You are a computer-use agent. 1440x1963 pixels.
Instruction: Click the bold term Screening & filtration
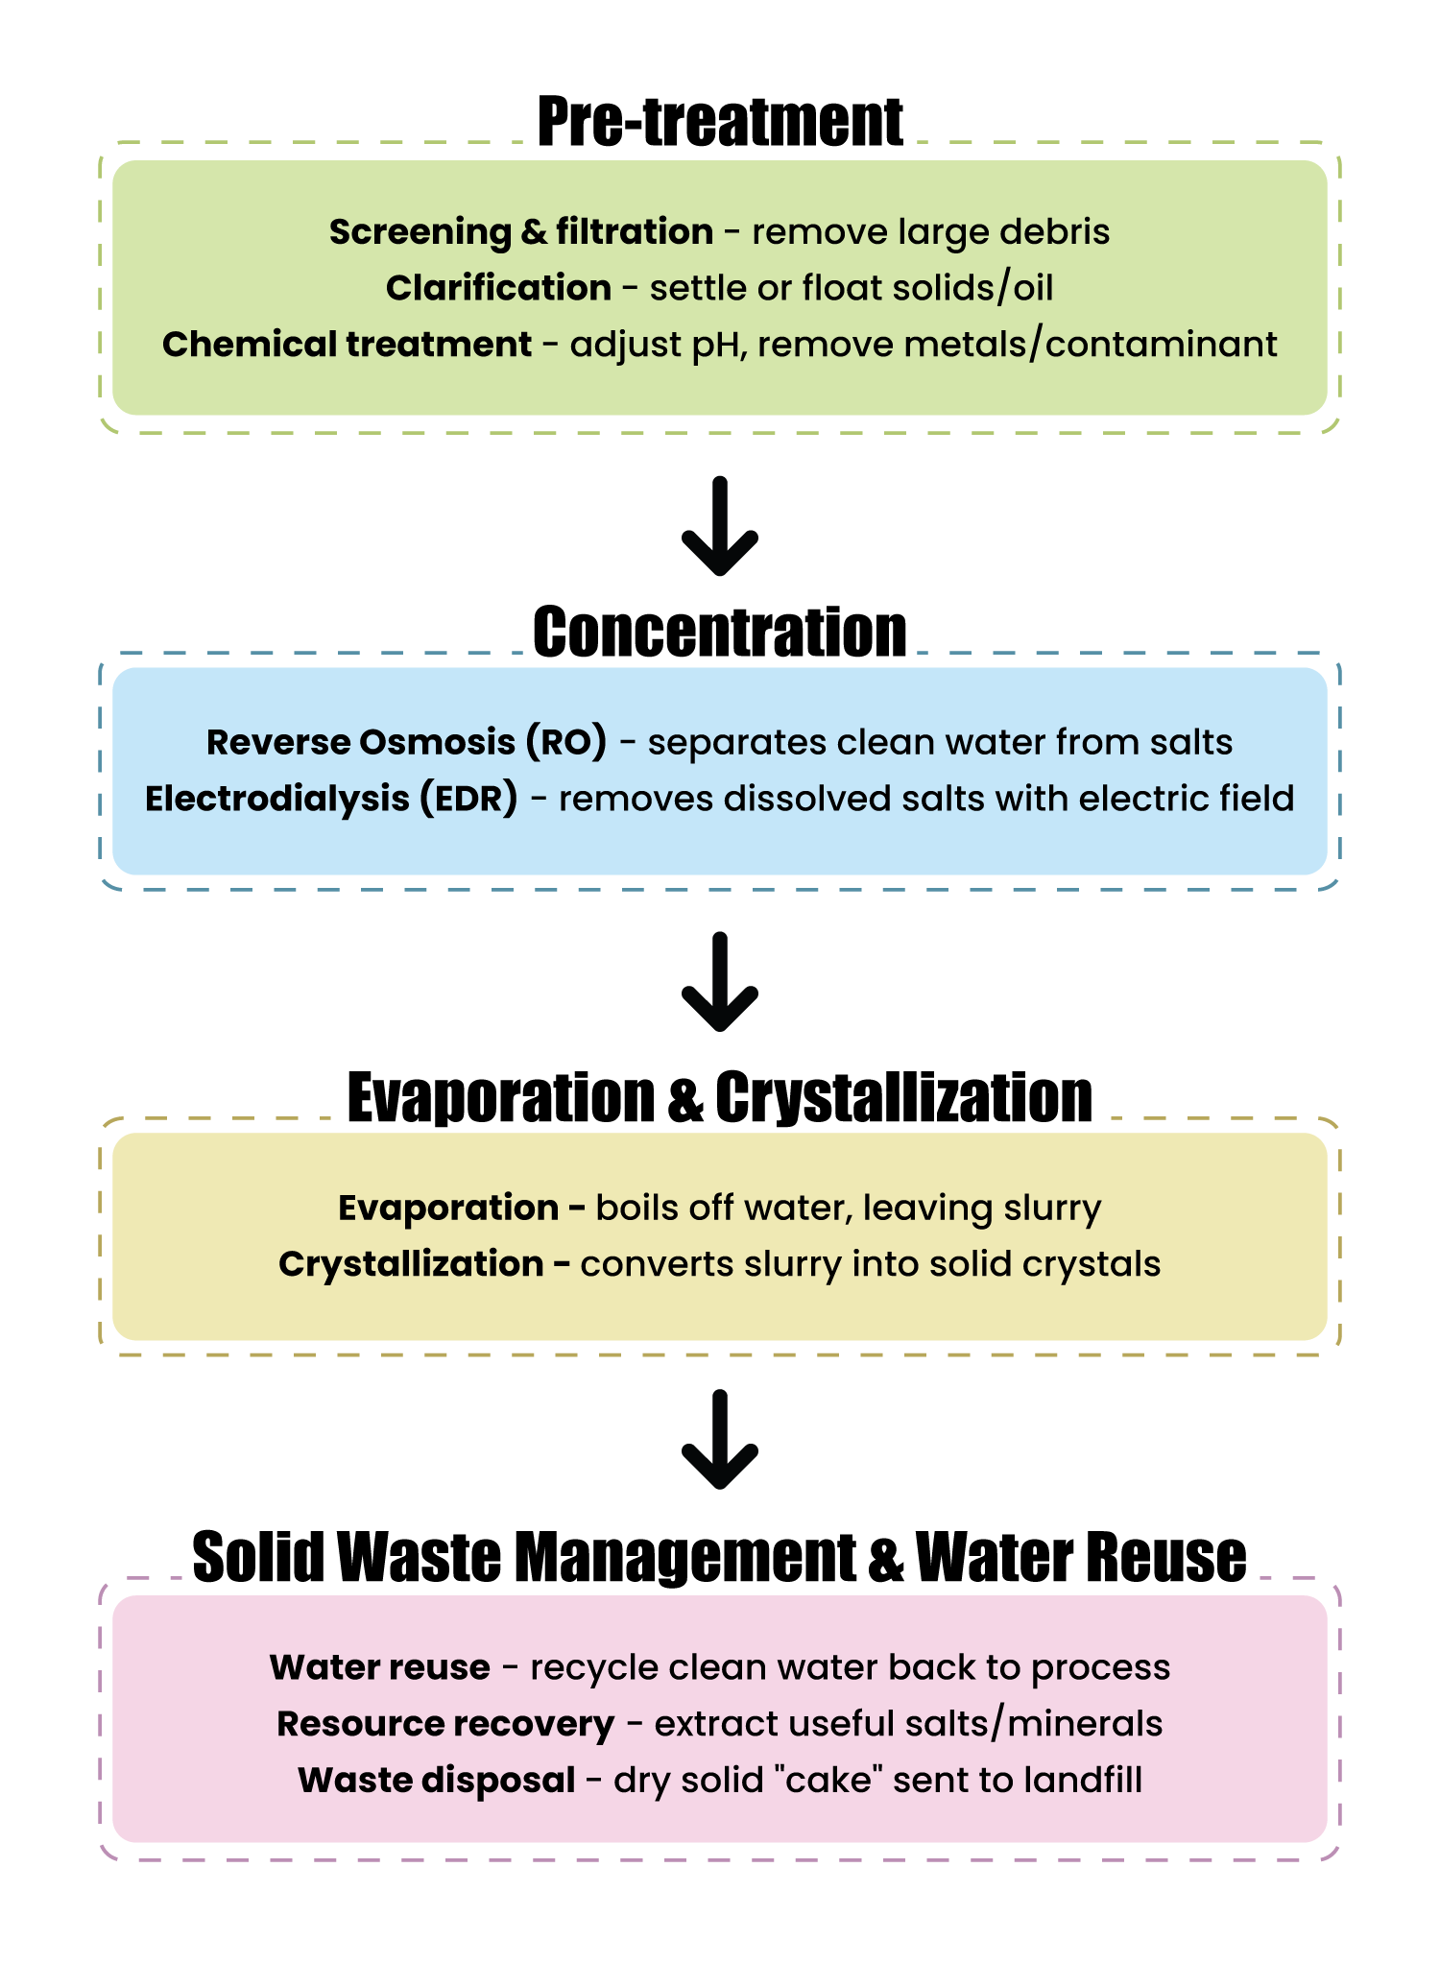click(520, 232)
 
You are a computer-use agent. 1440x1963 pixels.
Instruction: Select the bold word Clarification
click(498, 288)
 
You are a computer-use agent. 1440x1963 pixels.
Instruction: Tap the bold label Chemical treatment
click(347, 345)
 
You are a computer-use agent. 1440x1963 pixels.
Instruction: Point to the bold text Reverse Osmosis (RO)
click(406, 742)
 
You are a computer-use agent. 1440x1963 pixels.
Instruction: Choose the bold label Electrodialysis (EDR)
click(331, 799)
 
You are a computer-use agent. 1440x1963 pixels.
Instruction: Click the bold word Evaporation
click(448, 1208)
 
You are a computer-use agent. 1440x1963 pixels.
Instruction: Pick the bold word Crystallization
click(411, 1264)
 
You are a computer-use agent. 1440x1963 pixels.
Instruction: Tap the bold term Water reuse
click(379, 1667)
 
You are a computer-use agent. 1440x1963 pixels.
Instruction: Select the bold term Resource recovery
click(445, 1724)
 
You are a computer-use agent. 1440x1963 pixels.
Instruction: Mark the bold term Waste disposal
click(436, 1781)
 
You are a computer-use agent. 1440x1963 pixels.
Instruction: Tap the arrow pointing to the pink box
click(720, 1439)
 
